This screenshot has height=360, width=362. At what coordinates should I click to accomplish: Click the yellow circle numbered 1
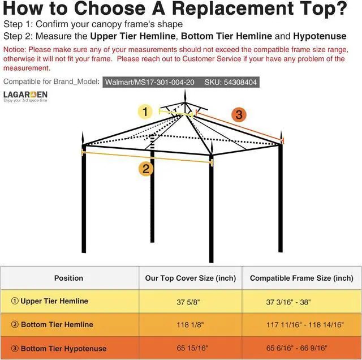click(146, 112)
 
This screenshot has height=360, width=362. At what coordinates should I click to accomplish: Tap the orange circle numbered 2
click(146, 169)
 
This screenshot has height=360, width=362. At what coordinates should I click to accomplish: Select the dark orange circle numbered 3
click(239, 115)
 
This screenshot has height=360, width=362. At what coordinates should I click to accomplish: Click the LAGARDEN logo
click(25, 95)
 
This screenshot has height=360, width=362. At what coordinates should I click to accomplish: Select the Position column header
click(68, 278)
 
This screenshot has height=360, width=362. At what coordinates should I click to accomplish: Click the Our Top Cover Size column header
click(190, 278)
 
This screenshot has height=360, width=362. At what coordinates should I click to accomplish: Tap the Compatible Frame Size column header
click(301, 278)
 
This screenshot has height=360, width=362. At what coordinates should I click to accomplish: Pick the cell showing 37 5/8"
click(190, 302)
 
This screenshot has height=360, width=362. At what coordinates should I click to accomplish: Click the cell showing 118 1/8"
click(190, 325)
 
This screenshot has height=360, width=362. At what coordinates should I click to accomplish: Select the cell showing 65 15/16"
click(190, 348)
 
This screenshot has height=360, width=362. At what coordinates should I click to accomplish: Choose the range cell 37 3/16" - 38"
click(288, 302)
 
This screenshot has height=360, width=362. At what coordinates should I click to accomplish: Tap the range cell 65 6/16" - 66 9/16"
click(296, 348)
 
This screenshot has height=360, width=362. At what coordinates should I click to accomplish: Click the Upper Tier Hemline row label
click(54, 301)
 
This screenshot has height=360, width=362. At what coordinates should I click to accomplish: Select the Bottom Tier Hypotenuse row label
click(63, 348)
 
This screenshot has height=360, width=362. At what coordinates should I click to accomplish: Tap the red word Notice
click(14, 50)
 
